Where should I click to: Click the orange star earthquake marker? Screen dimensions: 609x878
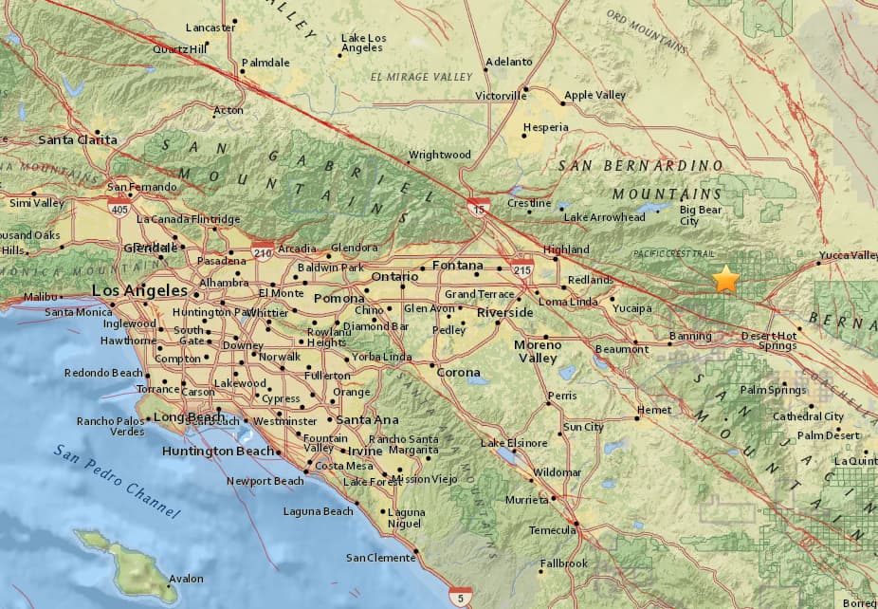click(725, 279)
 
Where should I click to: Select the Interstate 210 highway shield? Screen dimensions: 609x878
click(263, 249)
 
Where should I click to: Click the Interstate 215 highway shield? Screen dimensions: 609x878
click(521, 266)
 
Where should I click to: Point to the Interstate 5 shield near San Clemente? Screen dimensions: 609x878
click(461, 596)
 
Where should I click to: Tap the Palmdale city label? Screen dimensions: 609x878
click(265, 63)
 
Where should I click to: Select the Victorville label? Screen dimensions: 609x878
click(500, 96)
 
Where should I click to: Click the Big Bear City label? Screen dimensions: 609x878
click(702, 215)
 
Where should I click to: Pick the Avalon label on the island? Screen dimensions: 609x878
click(186, 579)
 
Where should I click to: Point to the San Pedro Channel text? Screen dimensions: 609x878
click(116, 481)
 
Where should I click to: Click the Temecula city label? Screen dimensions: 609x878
click(552, 529)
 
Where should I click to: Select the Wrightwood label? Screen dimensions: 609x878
click(440, 155)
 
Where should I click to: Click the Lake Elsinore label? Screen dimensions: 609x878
click(514, 443)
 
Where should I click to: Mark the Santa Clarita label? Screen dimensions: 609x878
click(78, 139)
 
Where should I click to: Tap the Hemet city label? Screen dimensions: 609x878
click(654, 410)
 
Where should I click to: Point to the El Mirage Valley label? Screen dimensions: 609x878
click(421, 77)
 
